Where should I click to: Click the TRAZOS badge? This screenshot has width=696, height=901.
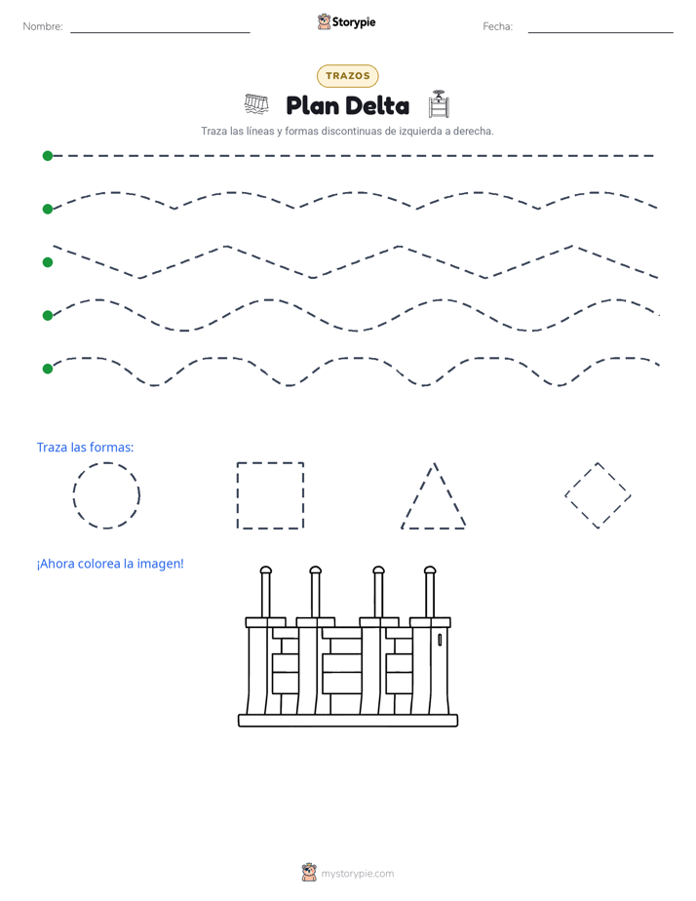(347, 76)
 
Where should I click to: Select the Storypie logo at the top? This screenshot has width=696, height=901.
(346, 21)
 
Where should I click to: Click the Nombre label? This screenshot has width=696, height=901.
(43, 26)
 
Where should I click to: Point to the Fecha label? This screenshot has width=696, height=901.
(497, 26)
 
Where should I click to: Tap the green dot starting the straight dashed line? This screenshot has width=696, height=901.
(48, 156)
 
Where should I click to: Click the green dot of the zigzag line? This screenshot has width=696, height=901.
(48, 262)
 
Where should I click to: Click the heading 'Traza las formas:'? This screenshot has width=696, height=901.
(85, 447)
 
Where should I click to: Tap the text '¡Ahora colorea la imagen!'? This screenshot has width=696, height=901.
(110, 564)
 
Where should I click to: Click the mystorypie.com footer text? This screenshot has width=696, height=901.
(357, 874)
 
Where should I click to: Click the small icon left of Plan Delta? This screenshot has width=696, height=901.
(256, 104)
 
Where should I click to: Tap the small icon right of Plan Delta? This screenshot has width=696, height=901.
(439, 104)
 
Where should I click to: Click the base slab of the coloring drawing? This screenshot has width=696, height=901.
(348, 721)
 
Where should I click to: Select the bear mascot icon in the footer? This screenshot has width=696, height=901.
(309, 873)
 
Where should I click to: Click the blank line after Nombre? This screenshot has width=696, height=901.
(160, 32)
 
